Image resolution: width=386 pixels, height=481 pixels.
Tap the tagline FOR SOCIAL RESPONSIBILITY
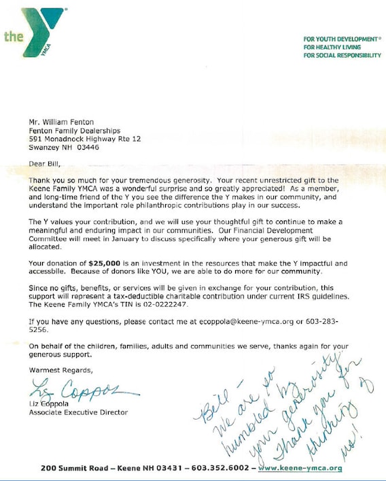[342, 55]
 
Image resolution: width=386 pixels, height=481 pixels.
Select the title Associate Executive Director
[78, 412]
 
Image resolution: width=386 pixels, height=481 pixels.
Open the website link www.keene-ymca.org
[300, 469]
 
